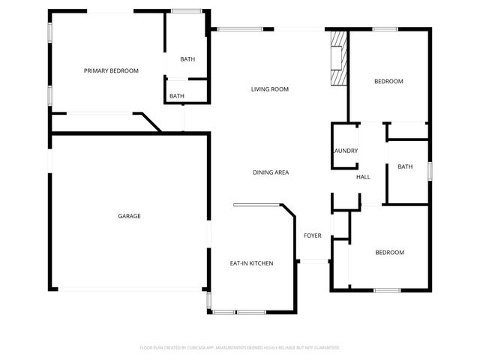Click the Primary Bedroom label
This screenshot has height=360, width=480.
pos(111,70)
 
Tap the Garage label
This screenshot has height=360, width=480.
pos(129,216)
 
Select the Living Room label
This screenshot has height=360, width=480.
pos(270,89)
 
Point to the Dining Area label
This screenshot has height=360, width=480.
pos(271,172)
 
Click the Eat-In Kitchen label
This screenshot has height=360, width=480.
pos(251,263)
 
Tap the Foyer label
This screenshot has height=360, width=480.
pos(313,235)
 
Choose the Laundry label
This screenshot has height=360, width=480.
pos(345,151)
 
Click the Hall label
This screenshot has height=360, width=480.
pos(363,177)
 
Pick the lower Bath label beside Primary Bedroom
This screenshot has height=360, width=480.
pos(177,96)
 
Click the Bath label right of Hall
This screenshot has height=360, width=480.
pos(405,166)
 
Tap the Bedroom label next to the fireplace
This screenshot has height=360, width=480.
pos(389,81)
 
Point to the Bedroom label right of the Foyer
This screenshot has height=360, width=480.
pos(389,252)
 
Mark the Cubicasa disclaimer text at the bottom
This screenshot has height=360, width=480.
pos(240,347)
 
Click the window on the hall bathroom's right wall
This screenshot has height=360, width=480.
pos(430,171)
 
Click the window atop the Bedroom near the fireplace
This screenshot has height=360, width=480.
pos(385,29)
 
